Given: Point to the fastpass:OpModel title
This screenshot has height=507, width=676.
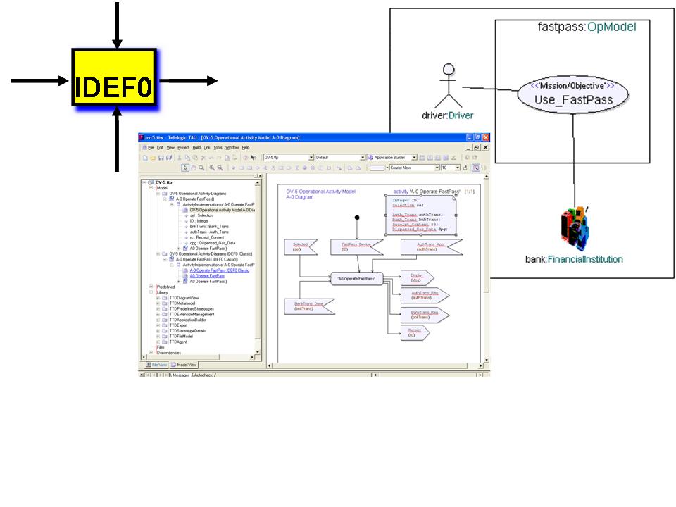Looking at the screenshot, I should pos(582,27).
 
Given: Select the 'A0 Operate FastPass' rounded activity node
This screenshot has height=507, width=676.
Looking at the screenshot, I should pos(356,278).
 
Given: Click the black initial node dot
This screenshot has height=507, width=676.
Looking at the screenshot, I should pos(357,218).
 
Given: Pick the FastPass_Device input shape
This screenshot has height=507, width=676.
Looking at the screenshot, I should pos(356,247).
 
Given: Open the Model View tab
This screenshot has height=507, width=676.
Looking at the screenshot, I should pos(184,365).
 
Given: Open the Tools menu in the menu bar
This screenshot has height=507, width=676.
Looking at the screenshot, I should pos(218,147).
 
